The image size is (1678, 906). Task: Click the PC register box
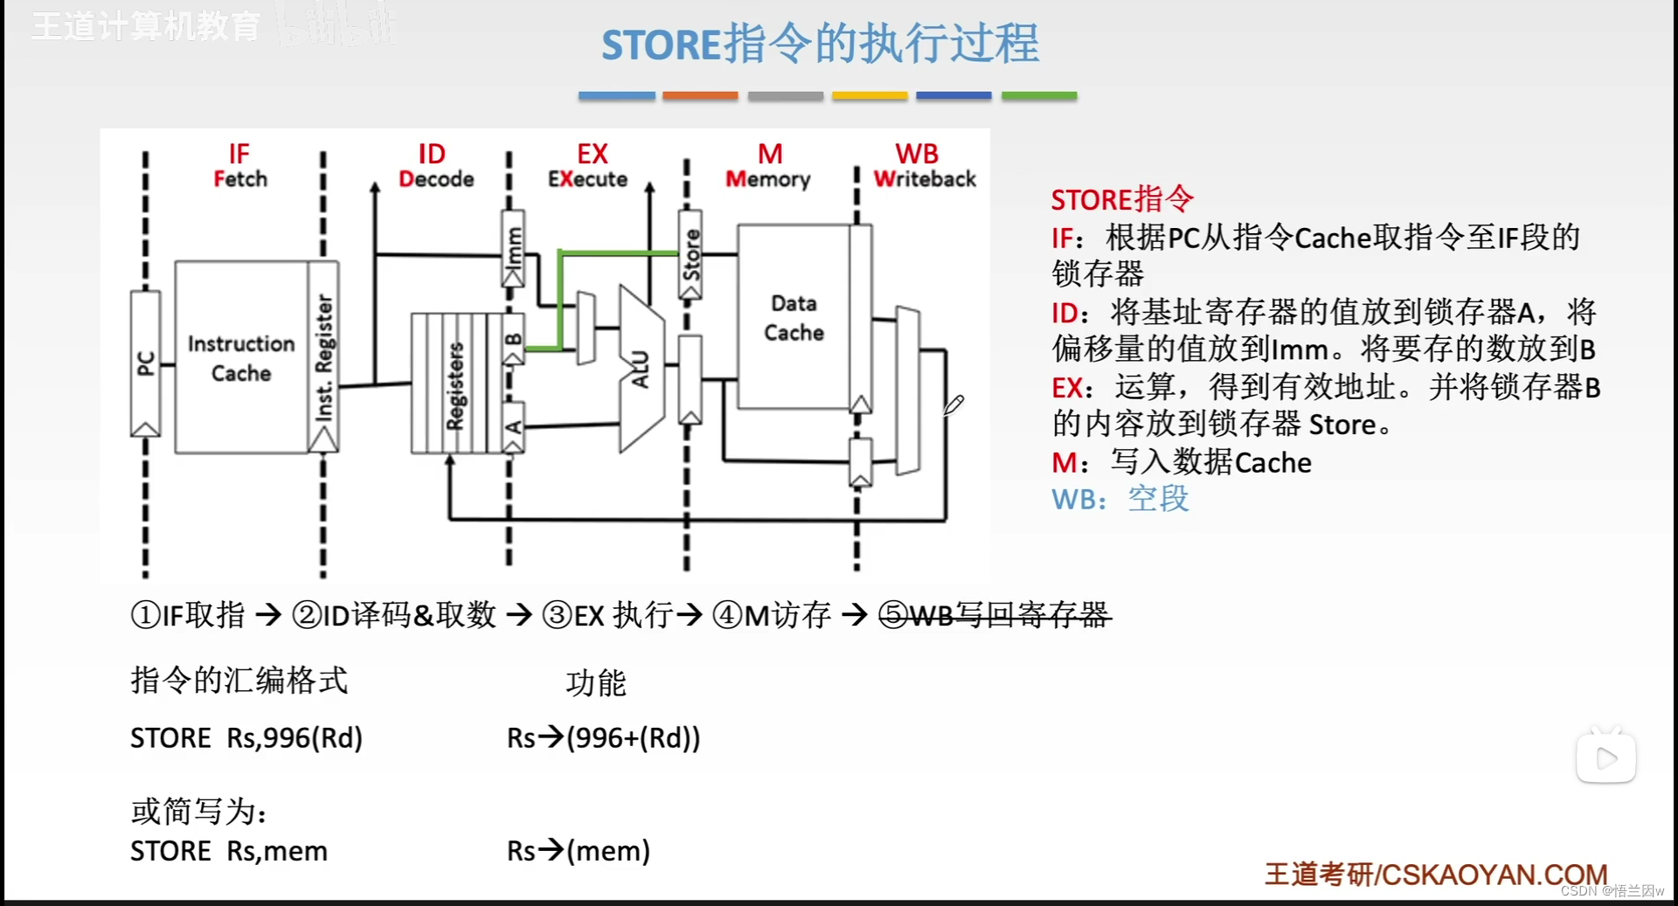point(145,363)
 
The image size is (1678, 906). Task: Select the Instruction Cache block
point(241,357)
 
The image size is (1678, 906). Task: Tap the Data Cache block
point(794,317)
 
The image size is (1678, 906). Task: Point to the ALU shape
point(641,368)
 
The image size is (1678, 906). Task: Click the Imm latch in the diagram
point(513,247)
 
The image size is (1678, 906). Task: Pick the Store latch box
point(690,254)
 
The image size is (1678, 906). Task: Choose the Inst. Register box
point(323,357)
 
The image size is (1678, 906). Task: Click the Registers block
point(454,384)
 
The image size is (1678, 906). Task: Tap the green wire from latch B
point(560,297)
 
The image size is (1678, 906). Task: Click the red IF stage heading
point(239,155)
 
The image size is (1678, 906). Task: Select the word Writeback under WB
point(925,179)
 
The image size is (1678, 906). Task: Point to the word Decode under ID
point(436,179)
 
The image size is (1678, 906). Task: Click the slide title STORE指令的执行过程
point(820,44)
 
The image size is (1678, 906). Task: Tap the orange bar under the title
point(700,95)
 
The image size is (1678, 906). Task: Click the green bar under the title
point(1038,95)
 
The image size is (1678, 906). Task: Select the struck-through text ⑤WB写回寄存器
point(995,615)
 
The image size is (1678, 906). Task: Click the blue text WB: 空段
point(1120,499)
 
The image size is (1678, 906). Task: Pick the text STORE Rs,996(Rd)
point(246,738)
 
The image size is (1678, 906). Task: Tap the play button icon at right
point(1605,757)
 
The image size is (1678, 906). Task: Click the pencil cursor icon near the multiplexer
point(953,405)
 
